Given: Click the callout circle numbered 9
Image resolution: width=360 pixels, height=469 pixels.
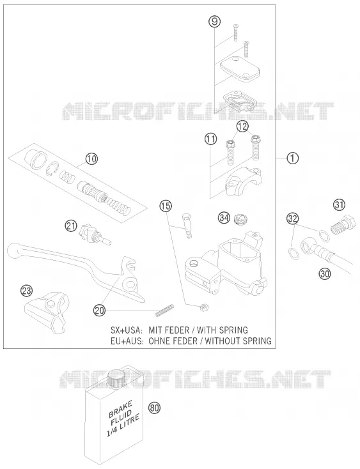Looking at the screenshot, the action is (215, 22).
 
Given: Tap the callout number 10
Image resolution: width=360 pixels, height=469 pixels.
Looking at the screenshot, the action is (91, 159).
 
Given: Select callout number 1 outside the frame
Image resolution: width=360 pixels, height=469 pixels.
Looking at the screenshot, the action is (293, 158).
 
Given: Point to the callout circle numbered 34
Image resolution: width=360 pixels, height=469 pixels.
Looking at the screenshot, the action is (224, 218).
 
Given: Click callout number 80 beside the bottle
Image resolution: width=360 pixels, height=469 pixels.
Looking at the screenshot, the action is (154, 408).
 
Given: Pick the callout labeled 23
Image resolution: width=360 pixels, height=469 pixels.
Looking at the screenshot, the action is (27, 291).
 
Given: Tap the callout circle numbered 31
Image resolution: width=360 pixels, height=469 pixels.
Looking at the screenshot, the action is (339, 205).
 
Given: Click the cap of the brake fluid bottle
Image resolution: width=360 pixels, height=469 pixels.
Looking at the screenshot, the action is (114, 378).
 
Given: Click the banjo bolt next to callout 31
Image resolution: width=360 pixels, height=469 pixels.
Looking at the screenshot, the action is (343, 226).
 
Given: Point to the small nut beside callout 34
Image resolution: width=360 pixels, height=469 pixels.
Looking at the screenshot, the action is (239, 219).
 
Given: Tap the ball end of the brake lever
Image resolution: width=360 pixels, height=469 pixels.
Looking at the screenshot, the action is (14, 250).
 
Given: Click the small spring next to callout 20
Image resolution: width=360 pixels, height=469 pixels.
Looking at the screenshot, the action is (164, 310).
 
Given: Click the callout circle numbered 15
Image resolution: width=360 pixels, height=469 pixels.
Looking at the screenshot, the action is (165, 206).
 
